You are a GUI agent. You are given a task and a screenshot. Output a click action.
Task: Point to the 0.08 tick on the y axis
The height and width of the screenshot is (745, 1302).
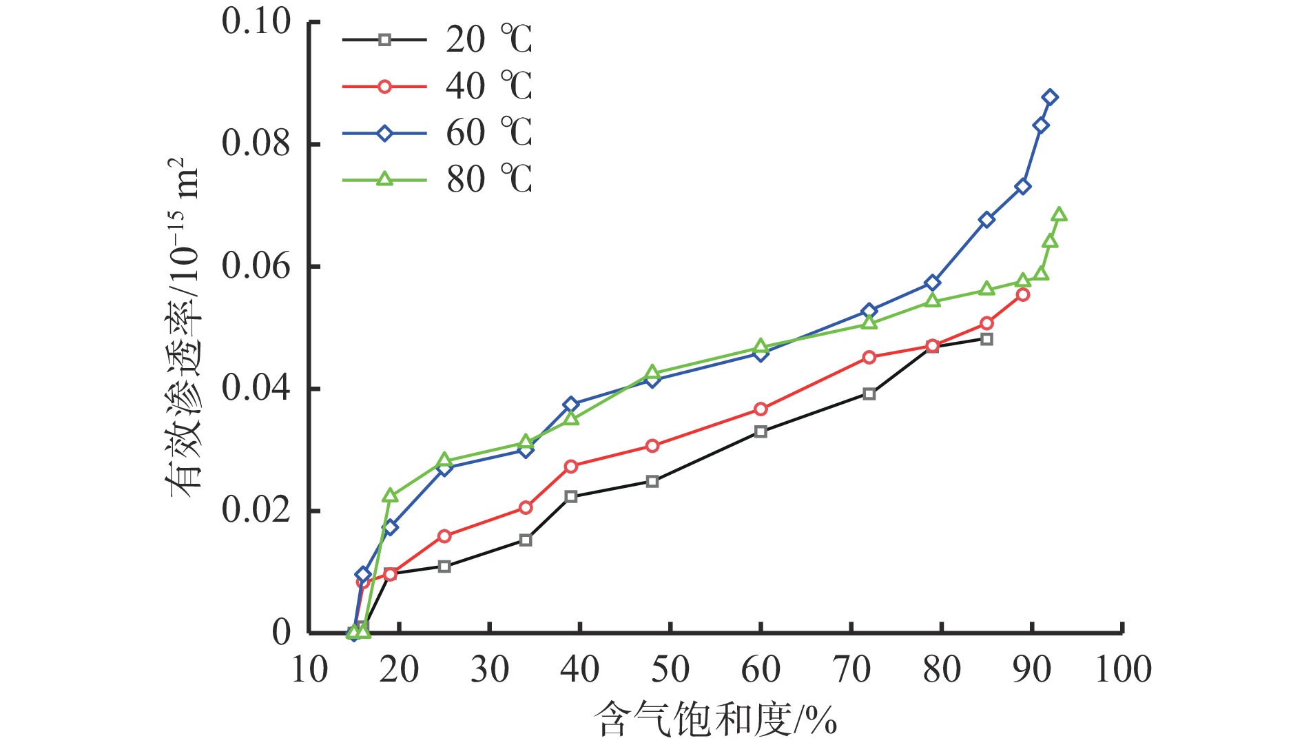pos(256,144)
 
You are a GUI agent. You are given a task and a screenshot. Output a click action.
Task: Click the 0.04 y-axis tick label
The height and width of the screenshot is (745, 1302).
pos(256,389)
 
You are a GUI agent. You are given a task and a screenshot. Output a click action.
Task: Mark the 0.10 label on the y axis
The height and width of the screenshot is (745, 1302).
pos(256,22)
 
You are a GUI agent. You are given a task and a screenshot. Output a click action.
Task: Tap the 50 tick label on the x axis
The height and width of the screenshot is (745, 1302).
pos(670,670)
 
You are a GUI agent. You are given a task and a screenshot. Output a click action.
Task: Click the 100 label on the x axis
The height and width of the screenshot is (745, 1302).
pos(1123,670)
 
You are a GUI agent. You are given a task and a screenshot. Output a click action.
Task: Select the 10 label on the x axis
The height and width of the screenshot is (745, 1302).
pos(309,670)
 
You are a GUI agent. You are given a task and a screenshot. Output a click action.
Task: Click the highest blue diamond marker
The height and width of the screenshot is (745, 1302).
pos(1050,97)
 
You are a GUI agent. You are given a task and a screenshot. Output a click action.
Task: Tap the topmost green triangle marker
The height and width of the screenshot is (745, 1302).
pos(1060,215)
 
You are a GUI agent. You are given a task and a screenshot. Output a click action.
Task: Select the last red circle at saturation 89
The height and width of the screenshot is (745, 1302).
pos(1023,295)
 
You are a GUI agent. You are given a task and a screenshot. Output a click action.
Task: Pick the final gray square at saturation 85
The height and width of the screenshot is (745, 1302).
pos(986,339)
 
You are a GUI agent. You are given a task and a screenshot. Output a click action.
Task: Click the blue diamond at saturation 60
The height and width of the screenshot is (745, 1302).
pos(761,354)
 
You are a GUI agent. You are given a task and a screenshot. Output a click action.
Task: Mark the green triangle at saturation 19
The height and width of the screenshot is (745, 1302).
pos(390,496)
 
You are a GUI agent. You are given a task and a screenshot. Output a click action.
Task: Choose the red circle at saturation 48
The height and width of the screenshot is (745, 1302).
pos(652,446)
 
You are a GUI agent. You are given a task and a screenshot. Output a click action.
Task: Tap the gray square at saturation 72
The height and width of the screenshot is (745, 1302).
pos(869,394)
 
